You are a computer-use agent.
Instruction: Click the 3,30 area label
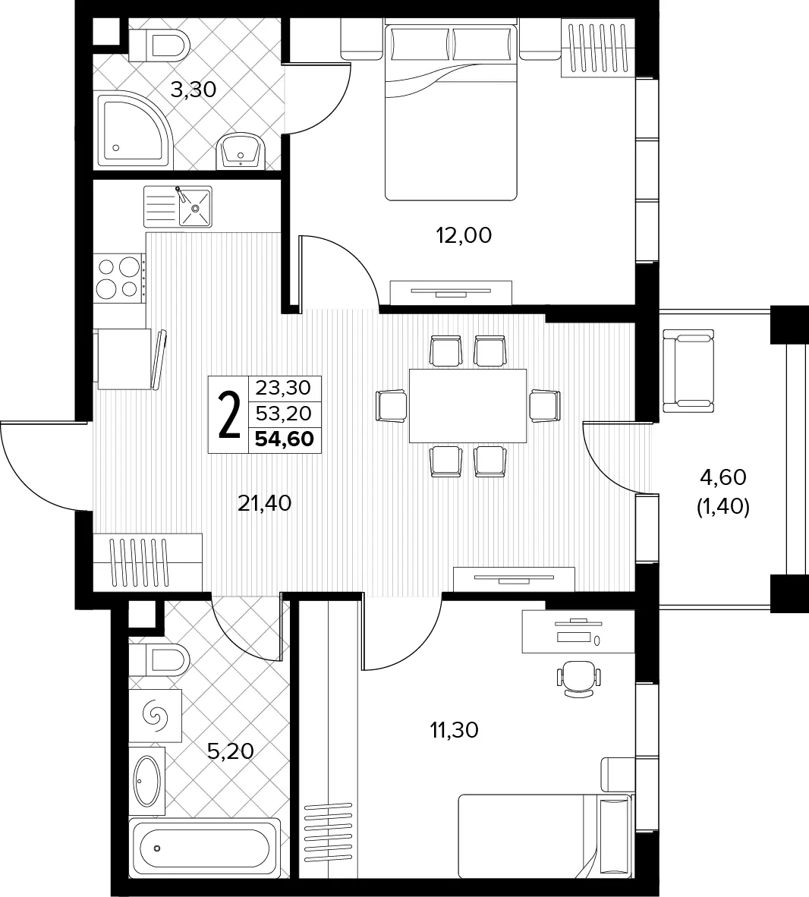pos(194,90)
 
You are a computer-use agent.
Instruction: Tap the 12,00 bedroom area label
pos(464,235)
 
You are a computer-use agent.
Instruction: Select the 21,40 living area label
pos(264,503)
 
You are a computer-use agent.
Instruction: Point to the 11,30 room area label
pos(455,730)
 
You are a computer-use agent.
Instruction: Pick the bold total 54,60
pos(285,439)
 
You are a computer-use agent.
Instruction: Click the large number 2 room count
pos(229,415)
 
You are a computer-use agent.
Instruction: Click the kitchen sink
pos(178,206)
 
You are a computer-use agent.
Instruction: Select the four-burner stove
pos(119,278)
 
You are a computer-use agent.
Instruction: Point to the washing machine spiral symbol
pos(155,716)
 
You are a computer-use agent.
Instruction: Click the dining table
pos(468,406)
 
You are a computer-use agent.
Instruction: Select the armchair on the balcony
pos(688,370)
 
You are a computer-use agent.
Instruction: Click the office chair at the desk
pos(579,678)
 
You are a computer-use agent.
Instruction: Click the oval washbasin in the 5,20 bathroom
pos(147,780)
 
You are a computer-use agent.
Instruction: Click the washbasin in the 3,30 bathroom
pos(241,151)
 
